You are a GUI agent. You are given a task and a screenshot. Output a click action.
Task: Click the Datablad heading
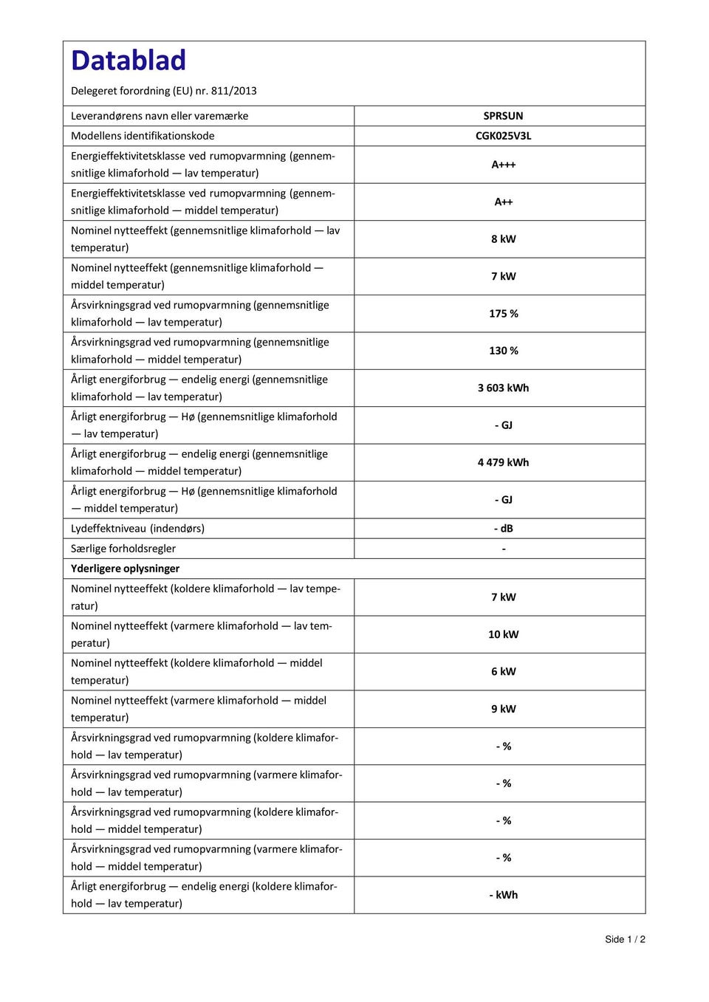click(129, 61)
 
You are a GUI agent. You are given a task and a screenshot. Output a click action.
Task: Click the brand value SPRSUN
click(503, 116)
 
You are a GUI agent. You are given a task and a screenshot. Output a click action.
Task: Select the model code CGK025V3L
click(503, 136)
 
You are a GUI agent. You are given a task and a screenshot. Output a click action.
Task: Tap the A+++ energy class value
click(503, 165)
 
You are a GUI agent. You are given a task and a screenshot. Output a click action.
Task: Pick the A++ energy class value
click(503, 202)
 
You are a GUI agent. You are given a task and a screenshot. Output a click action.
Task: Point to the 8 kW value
click(503, 239)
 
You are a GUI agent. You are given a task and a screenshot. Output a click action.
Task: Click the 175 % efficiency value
click(503, 314)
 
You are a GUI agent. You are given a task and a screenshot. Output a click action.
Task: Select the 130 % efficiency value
click(503, 351)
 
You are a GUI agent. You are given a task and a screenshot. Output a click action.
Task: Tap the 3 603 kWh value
click(503, 388)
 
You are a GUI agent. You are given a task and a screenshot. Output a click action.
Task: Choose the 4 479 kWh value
click(503, 462)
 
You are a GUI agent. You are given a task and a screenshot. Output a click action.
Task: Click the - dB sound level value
click(503, 529)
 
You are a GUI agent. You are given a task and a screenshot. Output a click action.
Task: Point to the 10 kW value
click(503, 634)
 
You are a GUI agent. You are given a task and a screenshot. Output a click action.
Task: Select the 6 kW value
click(503, 672)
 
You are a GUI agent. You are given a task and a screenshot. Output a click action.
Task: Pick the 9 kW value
click(503, 709)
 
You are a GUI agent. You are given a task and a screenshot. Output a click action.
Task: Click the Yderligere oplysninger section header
click(126, 569)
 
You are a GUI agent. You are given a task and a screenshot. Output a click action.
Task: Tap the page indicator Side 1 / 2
click(625, 939)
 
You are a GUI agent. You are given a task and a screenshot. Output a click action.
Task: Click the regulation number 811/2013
click(234, 91)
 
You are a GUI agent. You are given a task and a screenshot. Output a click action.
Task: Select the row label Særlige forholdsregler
click(123, 549)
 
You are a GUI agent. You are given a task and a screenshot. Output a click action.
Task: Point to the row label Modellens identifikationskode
click(143, 136)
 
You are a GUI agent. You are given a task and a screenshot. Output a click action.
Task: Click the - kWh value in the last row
click(503, 895)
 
